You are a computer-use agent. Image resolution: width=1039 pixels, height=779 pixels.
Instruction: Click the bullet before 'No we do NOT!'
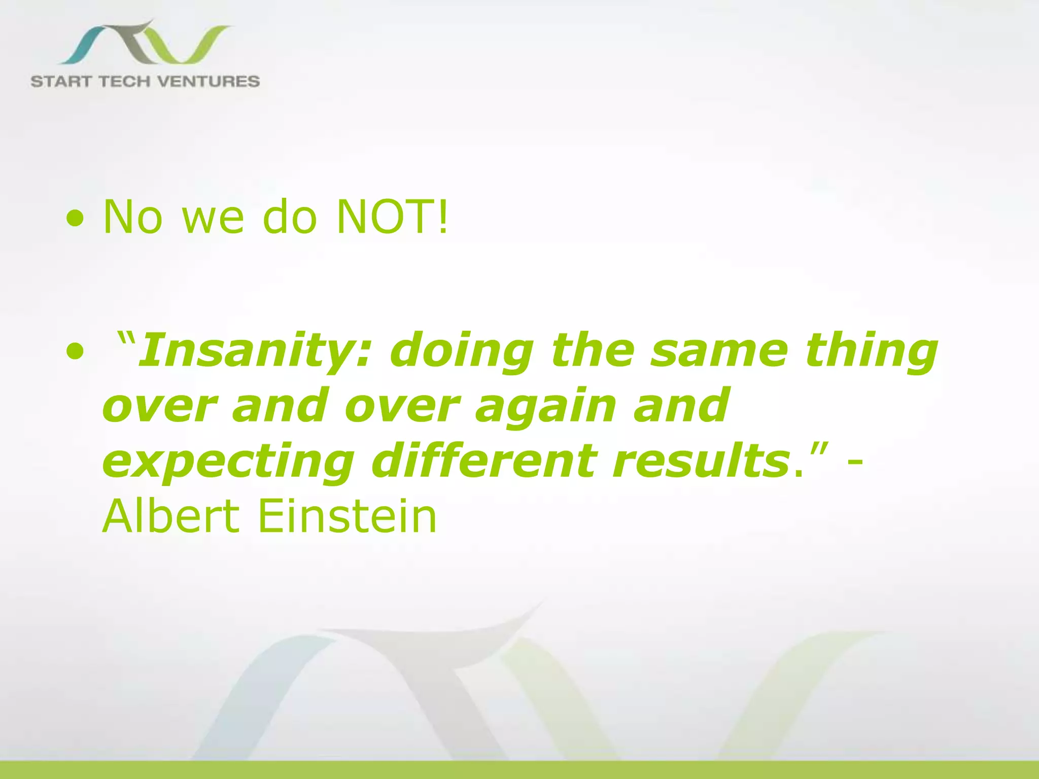point(75,220)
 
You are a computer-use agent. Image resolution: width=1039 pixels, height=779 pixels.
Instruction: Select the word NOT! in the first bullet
point(393,217)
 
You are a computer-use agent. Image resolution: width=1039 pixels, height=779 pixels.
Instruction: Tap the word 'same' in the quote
point(720,351)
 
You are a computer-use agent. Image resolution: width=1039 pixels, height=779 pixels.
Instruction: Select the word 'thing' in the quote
point(871,351)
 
